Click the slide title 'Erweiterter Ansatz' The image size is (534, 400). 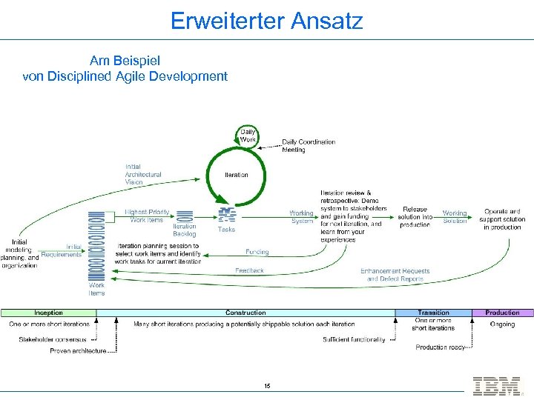point(267,20)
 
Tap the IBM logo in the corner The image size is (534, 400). point(496,386)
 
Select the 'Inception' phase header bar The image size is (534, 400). point(49,313)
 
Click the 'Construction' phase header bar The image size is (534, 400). point(245,313)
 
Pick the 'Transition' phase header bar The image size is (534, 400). point(433,313)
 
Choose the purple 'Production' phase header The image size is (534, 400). point(502,313)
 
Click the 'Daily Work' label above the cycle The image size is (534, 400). point(248,136)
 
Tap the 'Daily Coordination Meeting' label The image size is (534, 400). point(309,145)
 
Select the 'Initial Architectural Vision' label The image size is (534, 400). point(143,174)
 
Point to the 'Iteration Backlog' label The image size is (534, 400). point(185,230)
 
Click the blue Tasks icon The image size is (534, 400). point(226,216)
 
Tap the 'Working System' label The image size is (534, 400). point(302,217)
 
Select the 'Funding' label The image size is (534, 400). point(257,252)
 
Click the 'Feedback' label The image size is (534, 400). point(249,270)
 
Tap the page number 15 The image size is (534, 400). point(267,386)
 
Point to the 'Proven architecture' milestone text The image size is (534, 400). point(78,350)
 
